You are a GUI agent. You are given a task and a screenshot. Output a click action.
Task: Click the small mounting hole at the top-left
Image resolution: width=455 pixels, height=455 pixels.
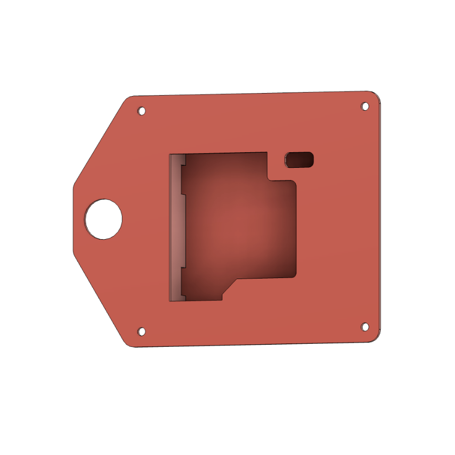(x=142, y=111)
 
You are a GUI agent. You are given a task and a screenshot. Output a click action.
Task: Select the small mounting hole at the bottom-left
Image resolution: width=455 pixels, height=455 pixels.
(x=142, y=332)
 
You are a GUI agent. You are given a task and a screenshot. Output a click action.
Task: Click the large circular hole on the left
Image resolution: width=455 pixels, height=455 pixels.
(x=104, y=218)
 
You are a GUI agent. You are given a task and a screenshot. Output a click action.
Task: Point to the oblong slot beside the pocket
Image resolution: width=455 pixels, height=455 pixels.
(x=300, y=160)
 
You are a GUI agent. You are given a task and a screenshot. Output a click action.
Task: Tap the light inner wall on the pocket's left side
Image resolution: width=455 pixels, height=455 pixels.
(x=174, y=227)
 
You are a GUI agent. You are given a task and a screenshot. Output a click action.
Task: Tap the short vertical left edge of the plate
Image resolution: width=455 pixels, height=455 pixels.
(x=73, y=217)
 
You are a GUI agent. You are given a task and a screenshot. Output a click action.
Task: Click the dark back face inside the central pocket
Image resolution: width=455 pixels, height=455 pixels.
(x=238, y=222)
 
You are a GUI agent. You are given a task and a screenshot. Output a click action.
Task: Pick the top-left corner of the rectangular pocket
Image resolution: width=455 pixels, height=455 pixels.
(x=170, y=154)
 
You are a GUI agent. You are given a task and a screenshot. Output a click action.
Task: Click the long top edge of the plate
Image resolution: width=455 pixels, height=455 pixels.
(x=253, y=94)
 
